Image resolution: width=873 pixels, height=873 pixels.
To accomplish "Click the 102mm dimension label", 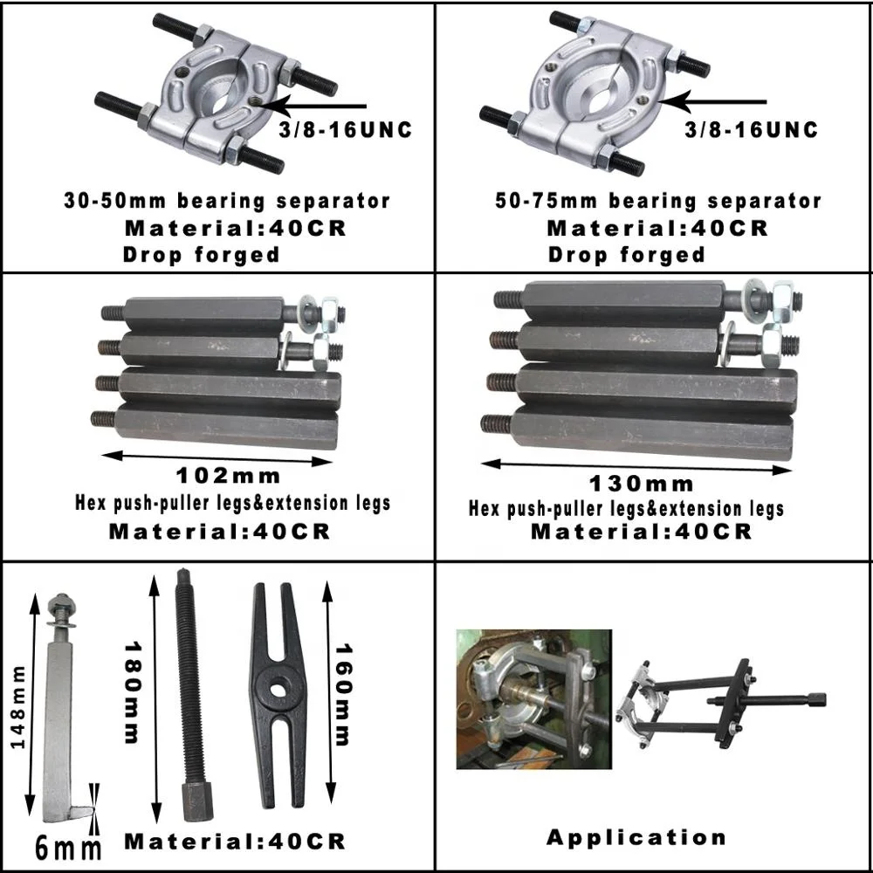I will coord(229,476).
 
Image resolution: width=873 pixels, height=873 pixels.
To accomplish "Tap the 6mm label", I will coord(68,847).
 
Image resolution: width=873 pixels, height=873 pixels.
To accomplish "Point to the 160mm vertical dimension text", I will coord(343,695).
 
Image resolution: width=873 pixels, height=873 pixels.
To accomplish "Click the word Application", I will coord(636,837).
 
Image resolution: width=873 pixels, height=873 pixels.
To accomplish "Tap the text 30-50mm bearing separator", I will coord(226,201).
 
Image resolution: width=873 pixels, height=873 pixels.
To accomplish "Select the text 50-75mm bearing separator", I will coord(657,202).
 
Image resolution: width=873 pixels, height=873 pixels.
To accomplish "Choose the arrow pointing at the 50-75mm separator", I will coord(711,101).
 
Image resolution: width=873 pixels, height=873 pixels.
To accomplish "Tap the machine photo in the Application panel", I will coord(533,698).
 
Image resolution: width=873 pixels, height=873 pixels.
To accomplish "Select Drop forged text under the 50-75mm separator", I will coord(626,255).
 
